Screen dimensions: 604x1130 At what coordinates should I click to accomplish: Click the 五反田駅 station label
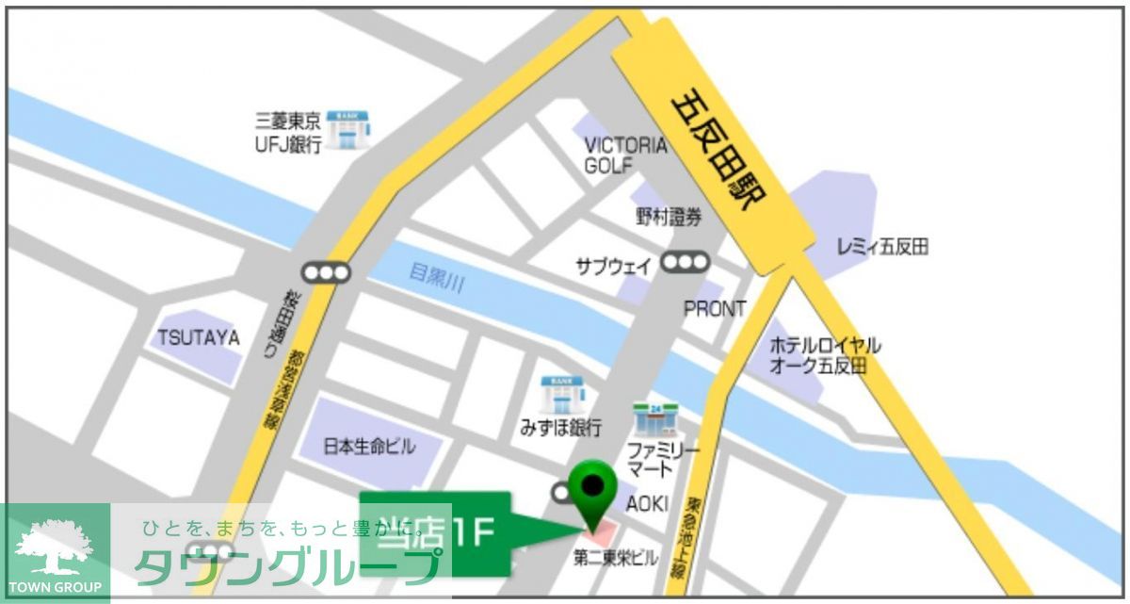[x=719, y=152]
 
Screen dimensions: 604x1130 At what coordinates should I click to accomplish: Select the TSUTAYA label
[x=199, y=337]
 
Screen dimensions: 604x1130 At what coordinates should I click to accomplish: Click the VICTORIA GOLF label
[x=625, y=155]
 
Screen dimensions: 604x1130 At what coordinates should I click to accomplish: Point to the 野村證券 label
[x=669, y=218]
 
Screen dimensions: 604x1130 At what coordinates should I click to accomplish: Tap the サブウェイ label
[x=613, y=267]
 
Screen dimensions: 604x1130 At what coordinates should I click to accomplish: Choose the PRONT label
[x=715, y=308]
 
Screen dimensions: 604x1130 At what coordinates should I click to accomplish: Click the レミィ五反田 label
[x=882, y=248]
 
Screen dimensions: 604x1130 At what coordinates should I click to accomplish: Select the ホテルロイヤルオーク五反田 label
[x=825, y=355]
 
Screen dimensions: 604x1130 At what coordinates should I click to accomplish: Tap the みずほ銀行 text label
[x=560, y=428]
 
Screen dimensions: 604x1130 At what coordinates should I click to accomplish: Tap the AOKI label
[x=647, y=504]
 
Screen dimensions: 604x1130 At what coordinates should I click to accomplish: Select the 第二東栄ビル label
[x=617, y=559]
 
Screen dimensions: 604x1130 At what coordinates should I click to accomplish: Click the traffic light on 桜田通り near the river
[x=326, y=273]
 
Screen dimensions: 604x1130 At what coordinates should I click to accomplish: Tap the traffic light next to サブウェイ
[x=685, y=263]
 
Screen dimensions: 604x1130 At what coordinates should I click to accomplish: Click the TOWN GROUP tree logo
[x=55, y=549]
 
